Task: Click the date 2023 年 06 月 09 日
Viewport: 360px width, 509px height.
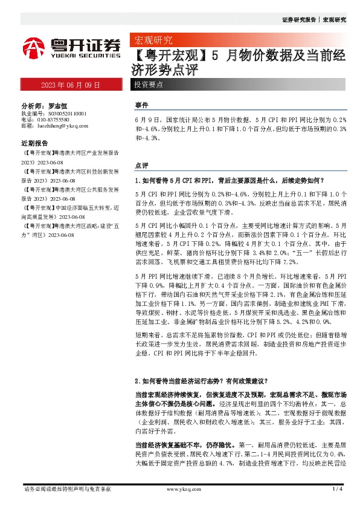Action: click(71, 85)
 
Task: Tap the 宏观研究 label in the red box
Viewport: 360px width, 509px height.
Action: click(153, 41)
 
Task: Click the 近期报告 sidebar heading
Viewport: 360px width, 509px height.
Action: click(34, 144)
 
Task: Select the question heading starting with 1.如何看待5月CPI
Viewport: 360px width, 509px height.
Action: click(230, 180)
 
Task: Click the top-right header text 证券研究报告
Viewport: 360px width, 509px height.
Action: click(299, 19)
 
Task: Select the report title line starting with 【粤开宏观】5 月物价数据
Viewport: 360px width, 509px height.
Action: click(238, 57)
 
